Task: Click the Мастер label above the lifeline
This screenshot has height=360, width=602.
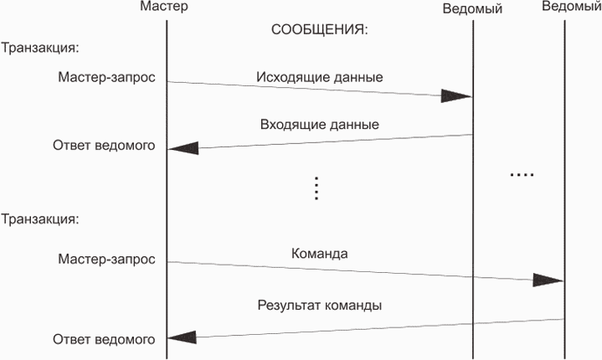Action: point(166,8)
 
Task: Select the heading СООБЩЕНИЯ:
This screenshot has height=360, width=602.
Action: point(320,29)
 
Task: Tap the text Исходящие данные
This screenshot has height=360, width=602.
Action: point(319,77)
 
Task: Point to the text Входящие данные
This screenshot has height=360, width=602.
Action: point(319,125)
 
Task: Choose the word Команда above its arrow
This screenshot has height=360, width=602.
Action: point(319,253)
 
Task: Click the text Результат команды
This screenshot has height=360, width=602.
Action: point(319,306)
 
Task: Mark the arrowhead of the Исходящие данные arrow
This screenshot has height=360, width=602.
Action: point(456,96)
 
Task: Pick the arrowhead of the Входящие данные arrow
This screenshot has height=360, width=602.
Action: point(183,147)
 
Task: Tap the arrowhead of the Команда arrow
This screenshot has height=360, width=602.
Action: point(548,280)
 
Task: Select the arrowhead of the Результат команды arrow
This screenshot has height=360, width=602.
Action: point(183,337)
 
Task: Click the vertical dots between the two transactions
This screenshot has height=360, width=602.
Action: point(316,188)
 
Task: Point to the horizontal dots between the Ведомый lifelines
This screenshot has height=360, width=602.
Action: point(521,175)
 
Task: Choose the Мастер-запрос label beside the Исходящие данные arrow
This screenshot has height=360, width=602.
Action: point(106,77)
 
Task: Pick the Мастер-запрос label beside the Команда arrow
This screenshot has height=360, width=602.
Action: point(106,259)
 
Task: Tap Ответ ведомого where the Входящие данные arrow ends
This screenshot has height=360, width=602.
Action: point(104,146)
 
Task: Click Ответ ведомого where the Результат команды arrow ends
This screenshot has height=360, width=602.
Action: point(104,339)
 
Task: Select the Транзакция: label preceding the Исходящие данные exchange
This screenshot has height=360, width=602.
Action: point(40,48)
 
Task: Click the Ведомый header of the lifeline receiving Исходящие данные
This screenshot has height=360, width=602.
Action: point(473,8)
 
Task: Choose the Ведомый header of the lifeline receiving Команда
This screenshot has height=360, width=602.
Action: point(570,8)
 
